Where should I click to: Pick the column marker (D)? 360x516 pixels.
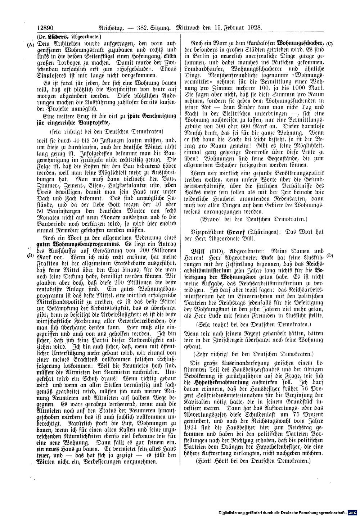coord(329,256)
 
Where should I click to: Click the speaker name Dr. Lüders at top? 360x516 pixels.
coord(53,36)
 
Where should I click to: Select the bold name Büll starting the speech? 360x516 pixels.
coord(193,250)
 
